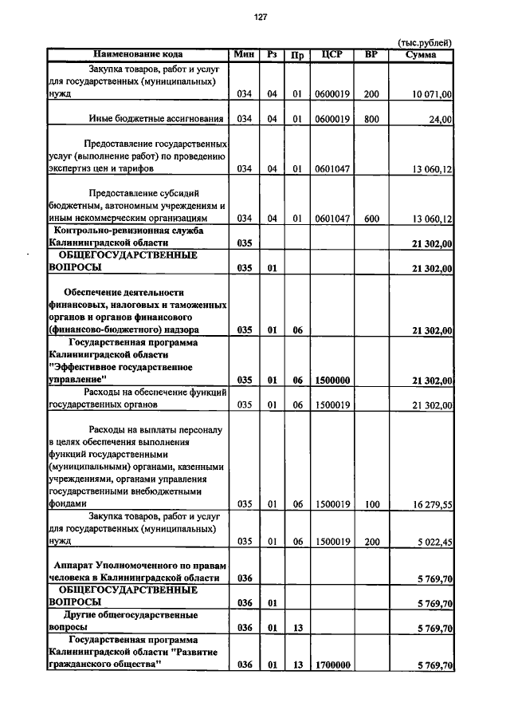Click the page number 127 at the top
pyautogui.click(x=261, y=18)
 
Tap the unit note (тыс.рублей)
pyautogui.click(x=424, y=43)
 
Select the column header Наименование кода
pyautogui.click(x=137, y=54)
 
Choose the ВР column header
pyautogui.click(x=371, y=54)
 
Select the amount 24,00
pyautogui.click(x=440, y=120)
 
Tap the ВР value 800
pyautogui.click(x=371, y=120)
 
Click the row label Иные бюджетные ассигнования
pyautogui.click(x=155, y=120)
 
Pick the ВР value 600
pyautogui.click(x=371, y=219)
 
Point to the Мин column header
pyautogui.click(x=245, y=54)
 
